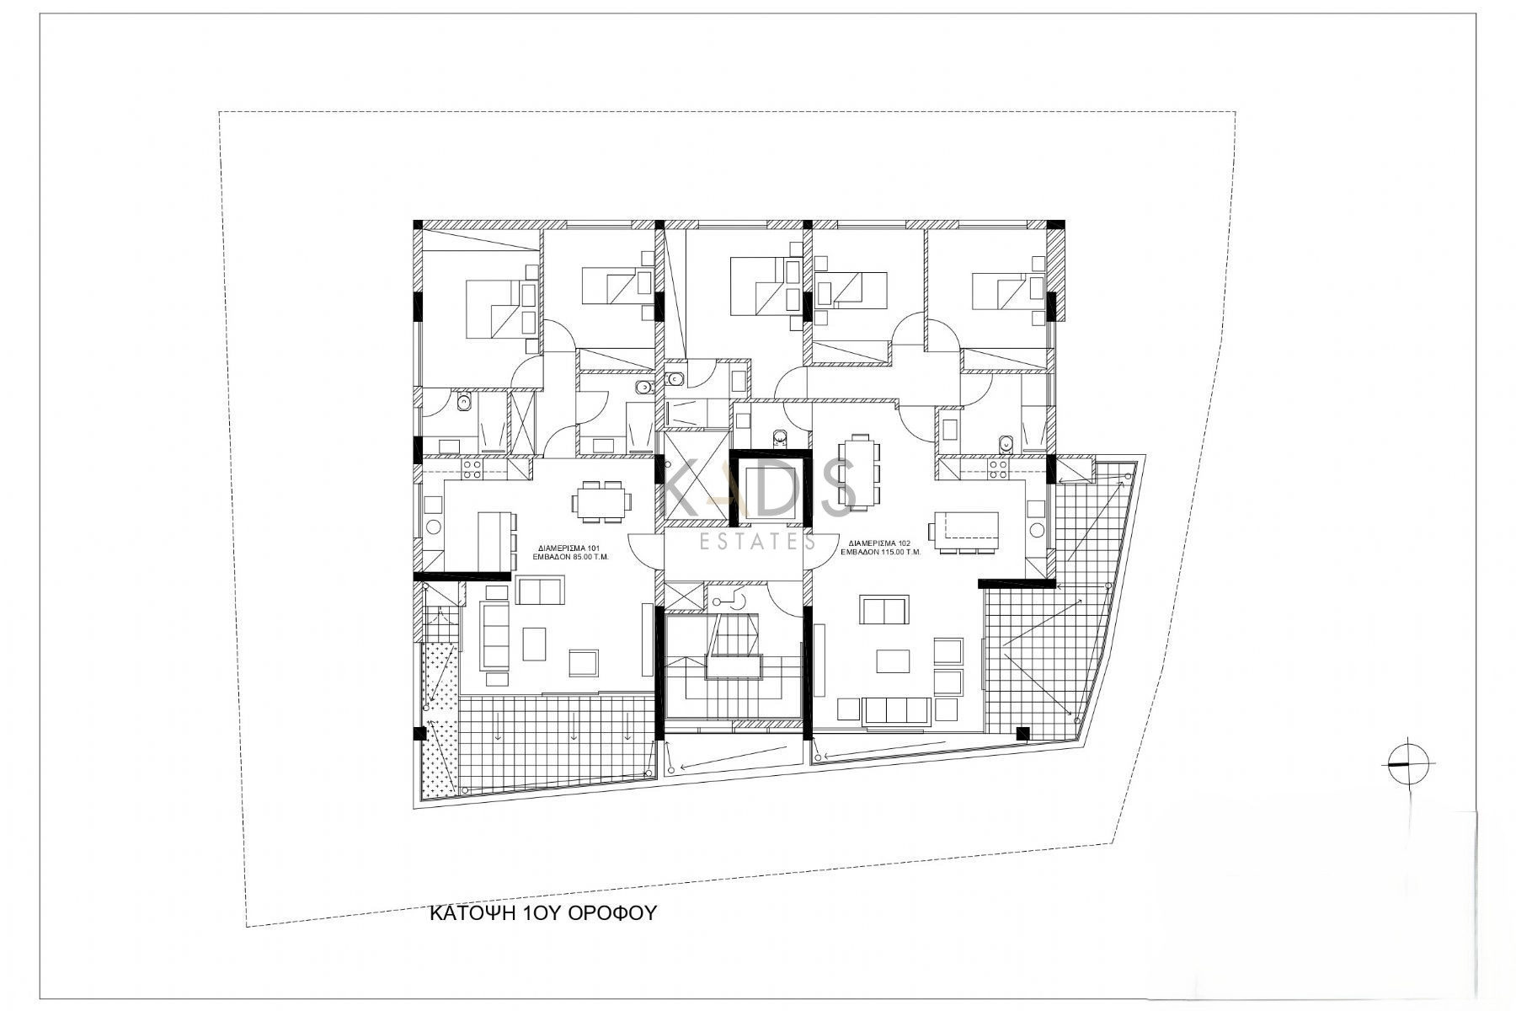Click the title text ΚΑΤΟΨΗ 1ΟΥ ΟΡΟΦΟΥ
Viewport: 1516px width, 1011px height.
point(542,913)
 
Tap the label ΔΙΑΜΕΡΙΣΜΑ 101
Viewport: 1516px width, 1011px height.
point(564,547)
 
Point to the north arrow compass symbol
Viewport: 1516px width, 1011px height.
point(1407,763)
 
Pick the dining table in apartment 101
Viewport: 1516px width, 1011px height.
point(599,503)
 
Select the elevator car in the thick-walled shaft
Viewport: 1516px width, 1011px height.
point(766,486)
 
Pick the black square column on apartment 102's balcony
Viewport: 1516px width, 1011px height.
point(1022,733)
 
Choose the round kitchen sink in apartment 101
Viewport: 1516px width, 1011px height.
point(434,527)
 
